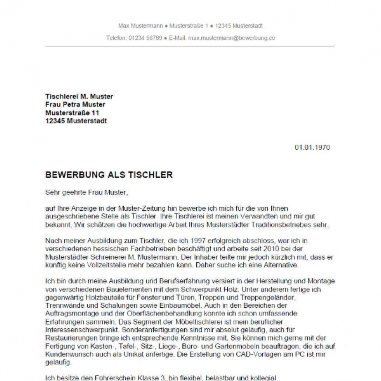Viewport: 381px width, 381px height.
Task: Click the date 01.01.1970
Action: [x=312, y=148]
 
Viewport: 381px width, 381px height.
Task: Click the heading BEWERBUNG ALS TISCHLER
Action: [x=109, y=175]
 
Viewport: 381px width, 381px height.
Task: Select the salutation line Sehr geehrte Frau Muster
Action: [x=86, y=192]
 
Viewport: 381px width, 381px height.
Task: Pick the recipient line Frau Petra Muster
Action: [x=75, y=104]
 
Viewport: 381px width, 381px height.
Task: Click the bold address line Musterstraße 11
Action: [x=72, y=113]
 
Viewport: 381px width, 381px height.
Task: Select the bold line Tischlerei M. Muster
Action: [x=79, y=96]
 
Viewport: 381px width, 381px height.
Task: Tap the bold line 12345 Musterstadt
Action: [x=76, y=121]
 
